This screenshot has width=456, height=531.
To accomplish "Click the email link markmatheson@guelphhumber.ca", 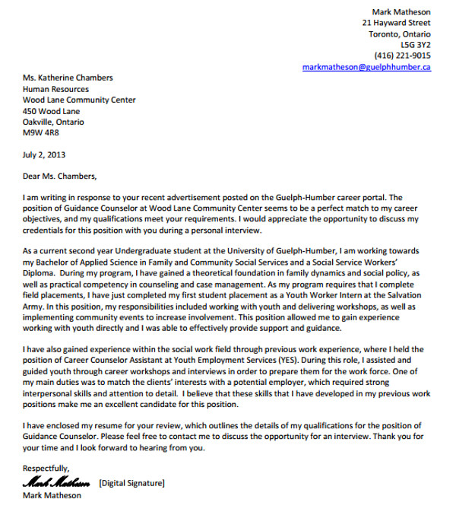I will click(x=366, y=67).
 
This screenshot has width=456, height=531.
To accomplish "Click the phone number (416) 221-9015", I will click(x=402, y=56).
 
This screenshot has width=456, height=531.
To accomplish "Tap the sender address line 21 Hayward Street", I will click(x=396, y=24).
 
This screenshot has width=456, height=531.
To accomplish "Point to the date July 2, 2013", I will click(x=44, y=154).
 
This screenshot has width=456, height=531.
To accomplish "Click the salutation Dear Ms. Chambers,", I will click(x=60, y=176).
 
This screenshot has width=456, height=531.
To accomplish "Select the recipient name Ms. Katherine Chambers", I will click(x=68, y=78).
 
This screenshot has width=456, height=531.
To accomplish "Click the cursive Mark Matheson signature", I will click(x=58, y=482).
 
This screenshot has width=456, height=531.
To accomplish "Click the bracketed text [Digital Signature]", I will click(x=131, y=483).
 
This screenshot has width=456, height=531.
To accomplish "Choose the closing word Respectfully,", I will click(x=46, y=468).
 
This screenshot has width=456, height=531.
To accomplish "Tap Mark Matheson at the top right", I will click(x=401, y=12).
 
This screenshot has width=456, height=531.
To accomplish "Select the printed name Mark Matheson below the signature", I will click(x=52, y=496).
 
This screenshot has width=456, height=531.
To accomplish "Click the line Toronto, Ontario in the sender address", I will click(x=400, y=34).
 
